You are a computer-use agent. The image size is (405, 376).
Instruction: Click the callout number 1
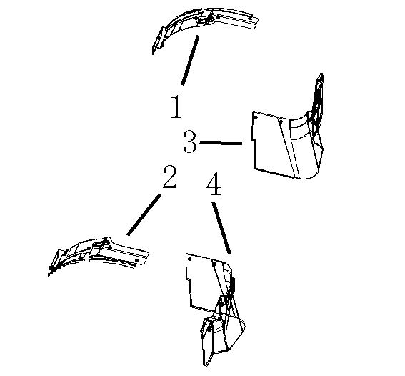[176, 107]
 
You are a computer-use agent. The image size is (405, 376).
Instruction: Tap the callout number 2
[170, 177]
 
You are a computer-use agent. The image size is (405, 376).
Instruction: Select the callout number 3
[190, 142]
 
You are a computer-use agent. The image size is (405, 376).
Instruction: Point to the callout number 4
[214, 184]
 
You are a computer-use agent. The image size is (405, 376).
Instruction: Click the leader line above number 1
[190, 60]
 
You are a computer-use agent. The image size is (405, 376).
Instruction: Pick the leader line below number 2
[144, 214]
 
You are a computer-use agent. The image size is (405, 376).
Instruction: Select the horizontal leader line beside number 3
[221, 142]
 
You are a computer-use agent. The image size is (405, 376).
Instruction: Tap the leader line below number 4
[221, 227]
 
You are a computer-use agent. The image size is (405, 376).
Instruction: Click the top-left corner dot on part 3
[256, 117]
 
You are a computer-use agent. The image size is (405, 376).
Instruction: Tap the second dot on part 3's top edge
[281, 122]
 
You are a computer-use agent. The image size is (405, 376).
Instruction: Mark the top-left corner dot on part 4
[190, 259]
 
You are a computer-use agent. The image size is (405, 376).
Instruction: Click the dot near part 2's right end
[137, 260]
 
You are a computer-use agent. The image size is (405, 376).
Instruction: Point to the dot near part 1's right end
[250, 18]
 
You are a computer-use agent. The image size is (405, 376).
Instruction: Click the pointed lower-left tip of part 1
[153, 54]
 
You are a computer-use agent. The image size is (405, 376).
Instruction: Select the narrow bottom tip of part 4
[206, 365]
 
